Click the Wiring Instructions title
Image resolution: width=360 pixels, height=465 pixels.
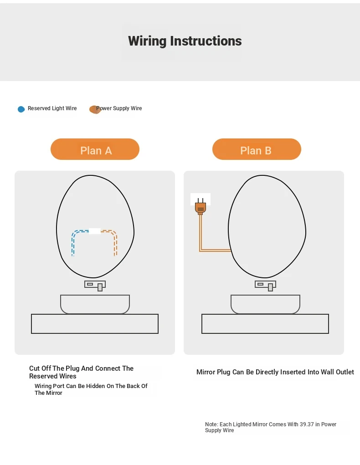click(185, 41)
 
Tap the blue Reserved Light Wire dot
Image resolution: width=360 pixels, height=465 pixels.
click(21, 109)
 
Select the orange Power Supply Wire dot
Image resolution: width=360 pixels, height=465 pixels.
click(95, 109)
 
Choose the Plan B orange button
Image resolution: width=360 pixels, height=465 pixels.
click(257, 149)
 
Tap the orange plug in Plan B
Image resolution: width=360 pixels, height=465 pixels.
click(201, 206)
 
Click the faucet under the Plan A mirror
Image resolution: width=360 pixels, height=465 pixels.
click(95, 286)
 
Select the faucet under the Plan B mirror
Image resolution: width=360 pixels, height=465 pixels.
click(265, 286)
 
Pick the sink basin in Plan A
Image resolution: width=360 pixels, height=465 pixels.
click(95, 304)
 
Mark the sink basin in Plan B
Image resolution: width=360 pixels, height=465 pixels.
click(265, 304)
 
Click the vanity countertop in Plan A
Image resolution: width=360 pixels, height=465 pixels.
click(95, 324)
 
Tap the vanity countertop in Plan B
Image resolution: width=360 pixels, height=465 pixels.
click(265, 324)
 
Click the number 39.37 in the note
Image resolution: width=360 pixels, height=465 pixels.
click(307, 424)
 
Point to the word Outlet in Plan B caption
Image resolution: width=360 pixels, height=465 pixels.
click(344, 372)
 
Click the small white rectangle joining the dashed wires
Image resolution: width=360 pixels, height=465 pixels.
click(95, 231)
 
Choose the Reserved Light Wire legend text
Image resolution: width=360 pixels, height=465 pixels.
click(52, 108)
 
